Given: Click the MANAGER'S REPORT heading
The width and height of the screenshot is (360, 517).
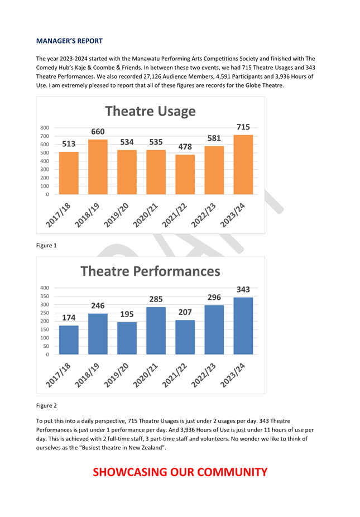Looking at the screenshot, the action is coord(69,41).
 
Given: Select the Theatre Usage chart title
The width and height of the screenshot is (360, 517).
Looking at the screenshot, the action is coord(150,112).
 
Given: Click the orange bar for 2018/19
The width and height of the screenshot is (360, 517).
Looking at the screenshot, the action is coord(98,167).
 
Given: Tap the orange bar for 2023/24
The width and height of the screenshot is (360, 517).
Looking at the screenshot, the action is coord(243,165).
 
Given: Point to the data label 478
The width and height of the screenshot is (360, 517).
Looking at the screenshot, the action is coord(185,147).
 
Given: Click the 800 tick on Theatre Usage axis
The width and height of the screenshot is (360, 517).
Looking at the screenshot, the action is coord(45,128).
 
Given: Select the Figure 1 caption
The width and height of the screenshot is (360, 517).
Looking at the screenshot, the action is coord(46,245).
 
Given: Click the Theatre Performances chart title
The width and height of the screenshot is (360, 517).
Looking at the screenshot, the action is coord(150,271).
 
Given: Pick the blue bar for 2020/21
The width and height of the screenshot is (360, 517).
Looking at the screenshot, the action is coord(156,331).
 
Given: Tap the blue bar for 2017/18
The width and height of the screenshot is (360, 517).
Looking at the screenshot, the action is coord(69,340).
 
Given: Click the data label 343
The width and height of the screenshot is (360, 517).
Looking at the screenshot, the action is coord(243,290).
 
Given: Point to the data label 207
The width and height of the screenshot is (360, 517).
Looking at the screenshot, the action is coord(185,312).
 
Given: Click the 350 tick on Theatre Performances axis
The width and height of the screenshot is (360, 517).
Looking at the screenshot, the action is coord(45,296).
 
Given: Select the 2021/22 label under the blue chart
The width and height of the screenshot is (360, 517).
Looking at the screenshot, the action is coord(174,375).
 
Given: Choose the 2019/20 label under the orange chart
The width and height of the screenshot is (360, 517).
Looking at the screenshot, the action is coord(116,216).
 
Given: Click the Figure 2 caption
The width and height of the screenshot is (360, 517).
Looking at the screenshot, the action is coord(46,405).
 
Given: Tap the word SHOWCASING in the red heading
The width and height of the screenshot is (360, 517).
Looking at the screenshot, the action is coord(130,472).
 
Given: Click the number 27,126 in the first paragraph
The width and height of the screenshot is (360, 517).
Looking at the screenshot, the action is coord(152,76).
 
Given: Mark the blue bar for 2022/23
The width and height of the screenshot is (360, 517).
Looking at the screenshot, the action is coord(214,330).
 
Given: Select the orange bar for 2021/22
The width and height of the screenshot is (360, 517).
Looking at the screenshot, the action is coord(185,174).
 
